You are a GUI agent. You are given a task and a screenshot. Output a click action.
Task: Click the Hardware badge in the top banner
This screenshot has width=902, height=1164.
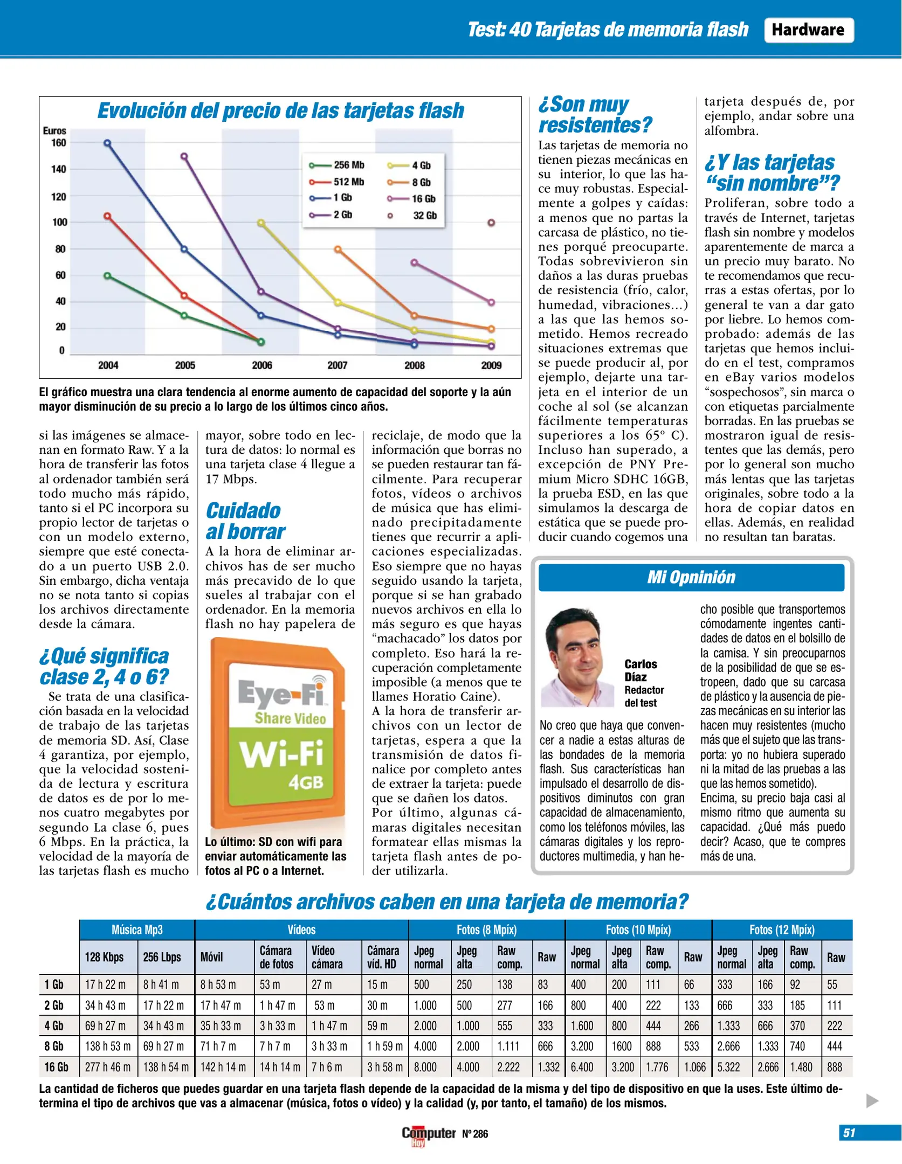(x=808, y=30)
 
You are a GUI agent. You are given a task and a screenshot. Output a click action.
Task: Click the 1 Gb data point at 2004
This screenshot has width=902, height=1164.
(x=107, y=143)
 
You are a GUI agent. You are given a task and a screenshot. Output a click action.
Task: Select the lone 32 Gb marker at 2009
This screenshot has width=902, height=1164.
(x=491, y=223)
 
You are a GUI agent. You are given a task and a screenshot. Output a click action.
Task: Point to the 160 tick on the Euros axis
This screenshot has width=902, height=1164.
(x=59, y=143)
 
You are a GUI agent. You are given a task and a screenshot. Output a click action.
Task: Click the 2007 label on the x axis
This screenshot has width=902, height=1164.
(x=338, y=365)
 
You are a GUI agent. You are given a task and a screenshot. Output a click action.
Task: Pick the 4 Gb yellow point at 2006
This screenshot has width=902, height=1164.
(x=261, y=223)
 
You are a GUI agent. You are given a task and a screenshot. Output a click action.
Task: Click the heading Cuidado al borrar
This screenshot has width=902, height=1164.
(x=245, y=521)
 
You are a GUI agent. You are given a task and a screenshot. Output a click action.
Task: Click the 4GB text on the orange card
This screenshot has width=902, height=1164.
(x=306, y=782)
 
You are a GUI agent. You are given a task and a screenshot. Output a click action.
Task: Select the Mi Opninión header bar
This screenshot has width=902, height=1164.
(x=691, y=577)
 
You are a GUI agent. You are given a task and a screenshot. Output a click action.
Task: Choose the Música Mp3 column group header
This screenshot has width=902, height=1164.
(x=137, y=930)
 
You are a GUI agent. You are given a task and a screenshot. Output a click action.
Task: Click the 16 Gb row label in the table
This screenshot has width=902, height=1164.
(x=57, y=1067)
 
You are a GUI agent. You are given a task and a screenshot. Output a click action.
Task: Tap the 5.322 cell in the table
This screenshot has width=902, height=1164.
(x=728, y=1067)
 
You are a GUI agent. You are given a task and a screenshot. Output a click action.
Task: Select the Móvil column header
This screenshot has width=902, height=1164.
(x=212, y=957)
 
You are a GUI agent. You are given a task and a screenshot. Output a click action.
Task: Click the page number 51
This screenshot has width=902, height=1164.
(x=849, y=1133)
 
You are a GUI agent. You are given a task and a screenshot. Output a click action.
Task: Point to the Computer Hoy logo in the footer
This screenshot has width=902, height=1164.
(x=429, y=1134)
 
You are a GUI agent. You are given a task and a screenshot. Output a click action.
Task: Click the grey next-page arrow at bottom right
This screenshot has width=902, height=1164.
(x=872, y=1100)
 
